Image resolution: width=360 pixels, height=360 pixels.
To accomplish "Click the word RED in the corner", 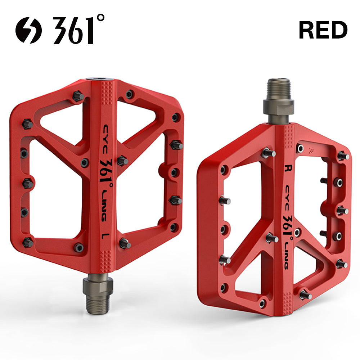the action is (x=323, y=30).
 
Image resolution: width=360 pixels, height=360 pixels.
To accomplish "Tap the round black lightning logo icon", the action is (x=29, y=30).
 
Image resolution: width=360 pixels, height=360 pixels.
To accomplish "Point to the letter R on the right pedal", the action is (x=288, y=168).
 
